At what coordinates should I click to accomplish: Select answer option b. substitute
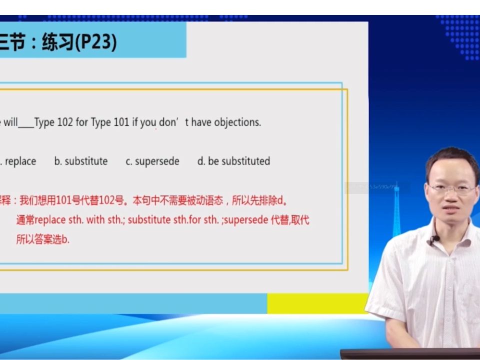81,161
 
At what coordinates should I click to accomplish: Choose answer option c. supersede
152,161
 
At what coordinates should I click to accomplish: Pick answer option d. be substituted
233,161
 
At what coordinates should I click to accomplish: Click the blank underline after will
26,125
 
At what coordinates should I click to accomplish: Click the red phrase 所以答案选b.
43,239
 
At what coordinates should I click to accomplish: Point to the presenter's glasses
451,189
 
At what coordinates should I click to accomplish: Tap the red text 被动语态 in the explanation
209,201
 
